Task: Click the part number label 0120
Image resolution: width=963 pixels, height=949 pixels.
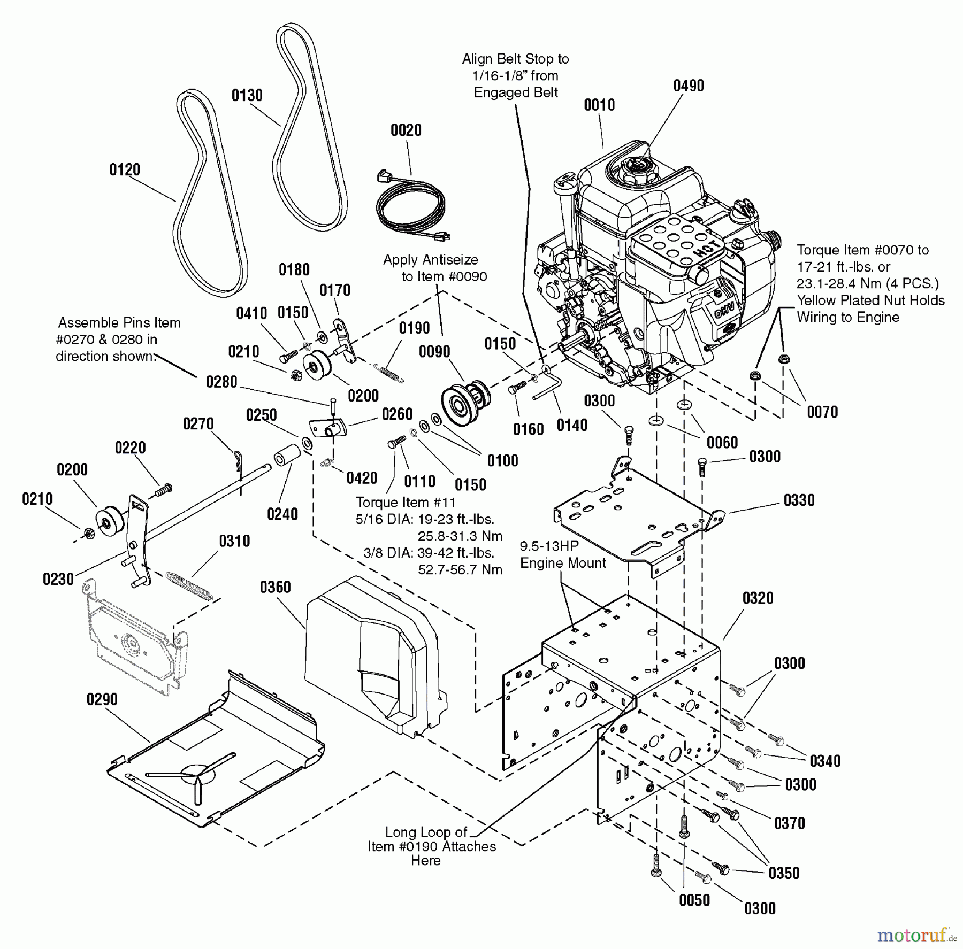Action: coord(125,170)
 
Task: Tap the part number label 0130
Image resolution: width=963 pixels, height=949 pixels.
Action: coord(247,96)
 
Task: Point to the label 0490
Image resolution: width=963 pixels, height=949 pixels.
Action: coord(688,86)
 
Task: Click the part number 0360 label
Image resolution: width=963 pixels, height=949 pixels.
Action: coord(275,587)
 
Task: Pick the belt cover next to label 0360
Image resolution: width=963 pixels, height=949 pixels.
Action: coord(374,652)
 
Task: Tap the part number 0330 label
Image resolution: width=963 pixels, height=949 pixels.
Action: coord(799,500)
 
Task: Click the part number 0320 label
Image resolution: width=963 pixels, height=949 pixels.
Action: coord(758,598)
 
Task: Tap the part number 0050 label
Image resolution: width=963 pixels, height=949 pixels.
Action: coord(694,900)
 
